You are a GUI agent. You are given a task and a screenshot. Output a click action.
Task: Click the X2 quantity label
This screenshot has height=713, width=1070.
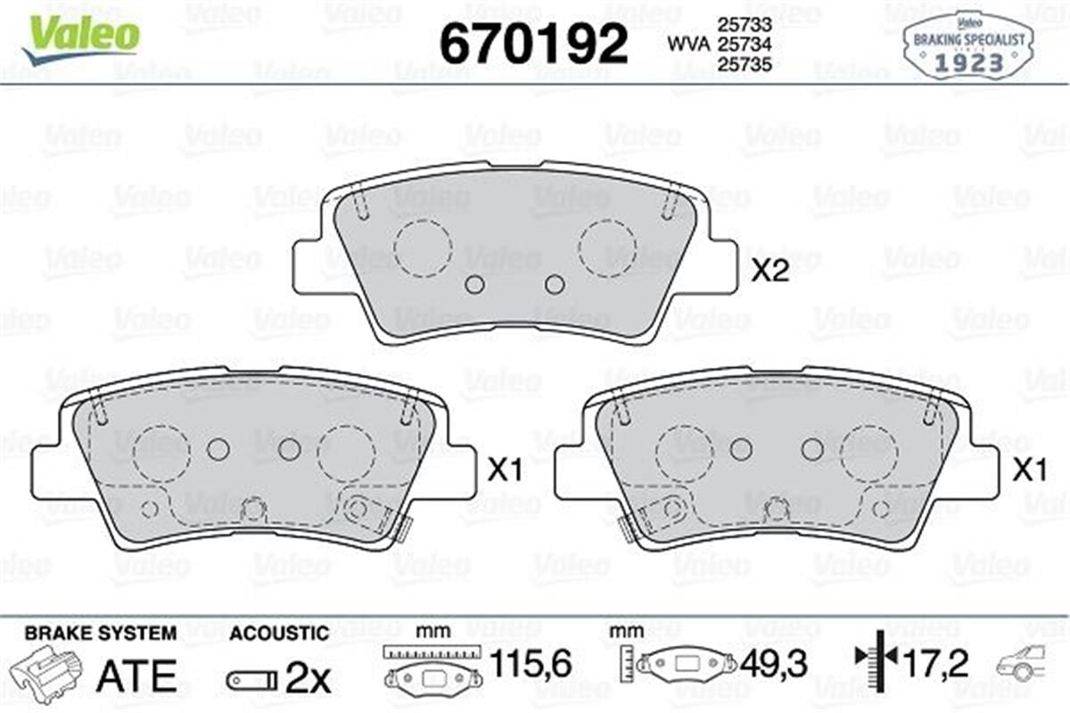click(x=771, y=272)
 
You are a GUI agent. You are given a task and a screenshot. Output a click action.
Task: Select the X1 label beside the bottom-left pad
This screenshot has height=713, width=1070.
click(x=504, y=471)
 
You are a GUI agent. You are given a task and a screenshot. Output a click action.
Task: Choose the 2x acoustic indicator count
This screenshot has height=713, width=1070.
click(x=308, y=680)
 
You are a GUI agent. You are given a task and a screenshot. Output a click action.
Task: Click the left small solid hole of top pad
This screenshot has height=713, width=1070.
click(x=474, y=284)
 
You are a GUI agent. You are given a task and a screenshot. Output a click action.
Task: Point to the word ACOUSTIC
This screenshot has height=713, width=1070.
click(x=279, y=634)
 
